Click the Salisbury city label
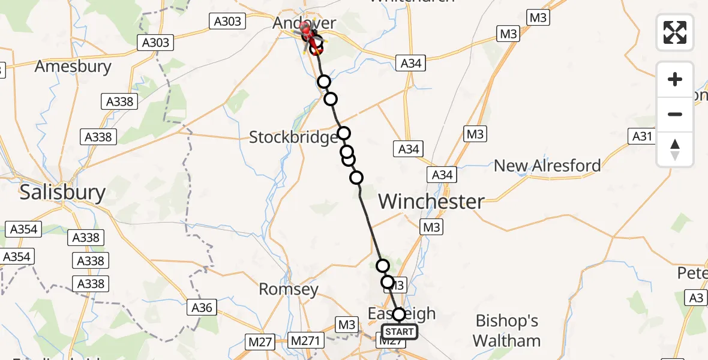(62, 193)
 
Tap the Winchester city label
(431, 202)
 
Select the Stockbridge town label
(293, 137)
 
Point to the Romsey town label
(288, 290)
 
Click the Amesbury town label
(73, 66)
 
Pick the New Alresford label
(547, 166)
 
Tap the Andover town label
(304, 23)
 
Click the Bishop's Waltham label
(506, 331)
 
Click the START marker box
(399, 332)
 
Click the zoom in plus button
(675, 79)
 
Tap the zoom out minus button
(675, 114)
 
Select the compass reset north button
(675, 149)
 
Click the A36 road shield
(202, 308)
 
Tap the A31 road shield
(642, 137)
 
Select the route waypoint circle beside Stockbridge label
(343, 134)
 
